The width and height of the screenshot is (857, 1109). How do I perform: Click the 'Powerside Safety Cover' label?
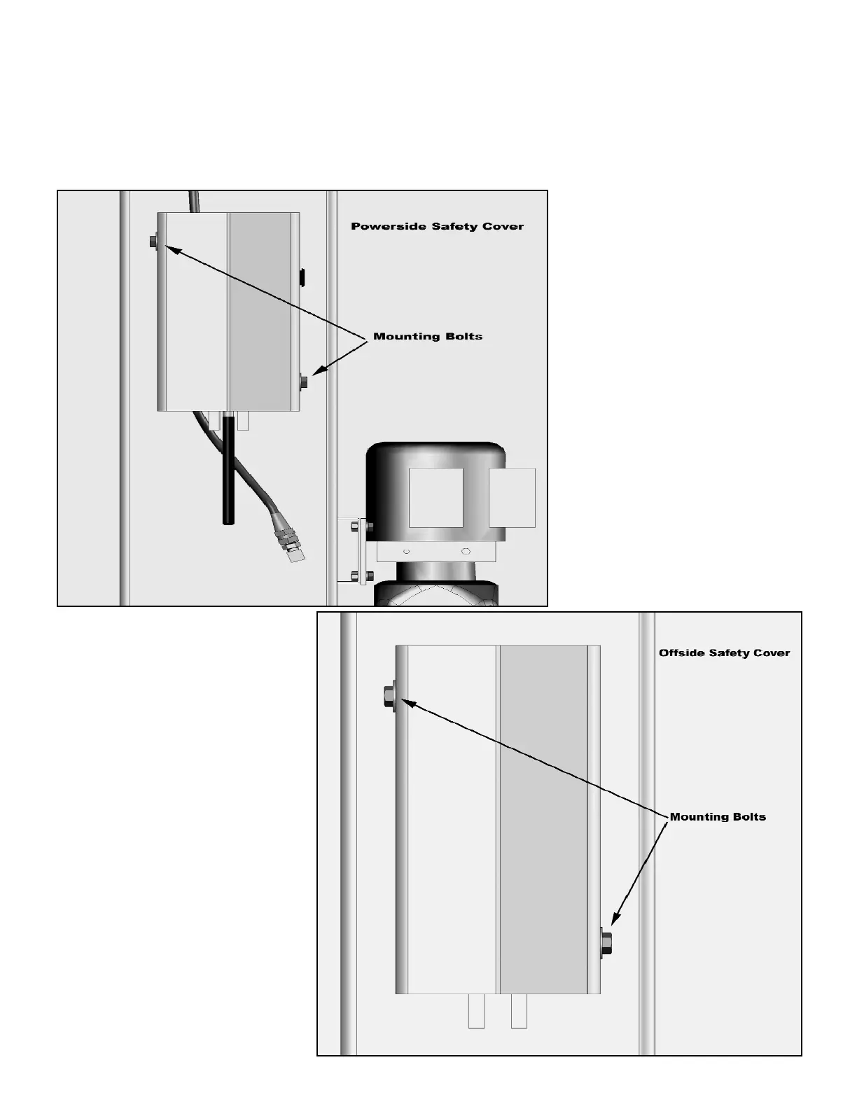tap(437, 226)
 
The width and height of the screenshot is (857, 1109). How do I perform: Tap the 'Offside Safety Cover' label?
tap(724, 653)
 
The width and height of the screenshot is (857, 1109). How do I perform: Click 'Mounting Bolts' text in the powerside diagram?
tap(427, 336)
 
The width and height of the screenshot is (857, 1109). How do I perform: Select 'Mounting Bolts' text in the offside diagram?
tap(718, 816)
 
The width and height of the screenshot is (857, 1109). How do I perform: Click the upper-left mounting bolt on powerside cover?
tap(153, 242)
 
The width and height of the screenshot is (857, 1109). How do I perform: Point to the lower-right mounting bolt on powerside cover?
tap(305, 381)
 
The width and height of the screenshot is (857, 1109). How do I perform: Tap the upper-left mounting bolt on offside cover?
tap(388, 697)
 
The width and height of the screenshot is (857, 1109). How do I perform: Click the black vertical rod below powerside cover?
tap(228, 483)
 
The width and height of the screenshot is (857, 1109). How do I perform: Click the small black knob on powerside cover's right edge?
tap(302, 277)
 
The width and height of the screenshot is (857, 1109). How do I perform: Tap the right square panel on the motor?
tap(512, 497)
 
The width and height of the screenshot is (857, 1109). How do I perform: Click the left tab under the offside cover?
tap(476, 1012)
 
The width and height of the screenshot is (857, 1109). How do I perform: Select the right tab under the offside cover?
tap(519, 1012)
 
